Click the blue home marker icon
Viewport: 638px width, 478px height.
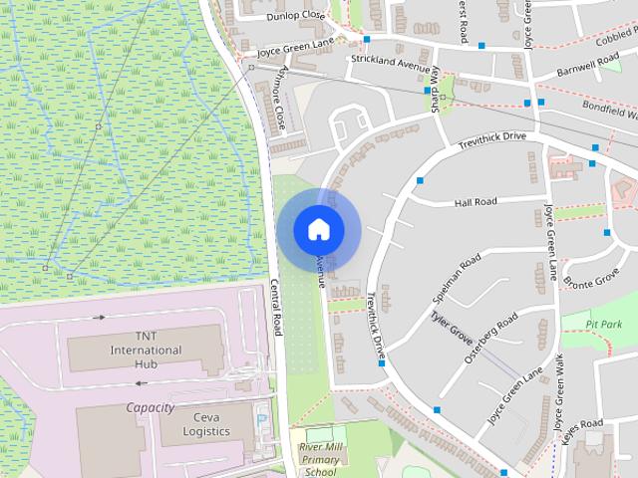pyautogui.click(x=318, y=228)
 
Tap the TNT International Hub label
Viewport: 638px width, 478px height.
pyautogui.click(x=146, y=351)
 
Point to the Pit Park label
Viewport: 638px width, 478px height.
pyautogui.click(x=604, y=325)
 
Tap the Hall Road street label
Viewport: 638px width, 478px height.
pyautogui.click(x=475, y=202)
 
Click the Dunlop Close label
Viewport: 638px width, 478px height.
pyautogui.click(x=296, y=17)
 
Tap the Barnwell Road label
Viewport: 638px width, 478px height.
pyautogui.click(x=588, y=65)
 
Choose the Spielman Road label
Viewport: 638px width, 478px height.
pyautogui.click(x=457, y=278)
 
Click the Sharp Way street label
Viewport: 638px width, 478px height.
pyautogui.click(x=435, y=96)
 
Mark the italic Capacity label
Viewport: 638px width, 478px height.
pyautogui.click(x=150, y=407)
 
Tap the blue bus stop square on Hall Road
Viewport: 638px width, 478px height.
pyautogui.click(x=421, y=180)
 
